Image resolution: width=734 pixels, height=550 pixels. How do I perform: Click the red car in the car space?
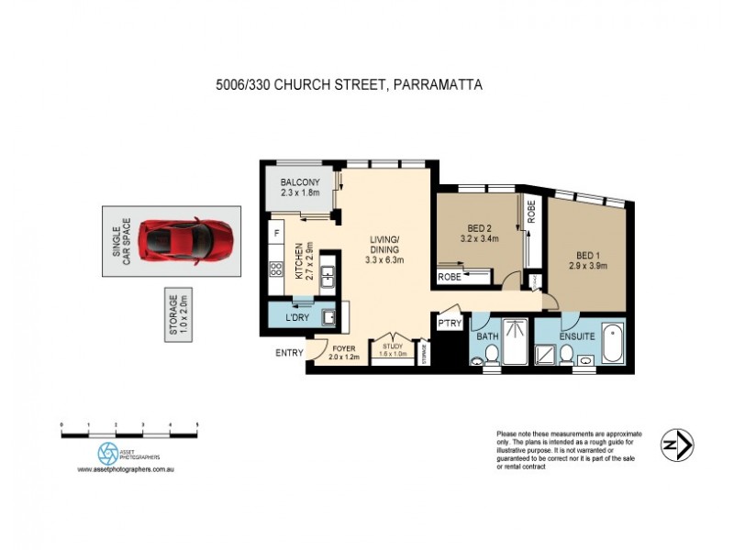189,241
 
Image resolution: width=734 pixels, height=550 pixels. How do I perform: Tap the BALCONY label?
300,181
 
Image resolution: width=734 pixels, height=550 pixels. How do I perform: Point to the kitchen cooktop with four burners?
274,269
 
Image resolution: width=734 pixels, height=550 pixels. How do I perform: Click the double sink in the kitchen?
327,283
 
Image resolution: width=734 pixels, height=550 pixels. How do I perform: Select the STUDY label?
392,346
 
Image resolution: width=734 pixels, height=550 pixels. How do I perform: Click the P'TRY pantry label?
449,324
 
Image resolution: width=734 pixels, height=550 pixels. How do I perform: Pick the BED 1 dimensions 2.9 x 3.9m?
588,267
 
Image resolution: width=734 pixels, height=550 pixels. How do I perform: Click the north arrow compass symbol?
677,445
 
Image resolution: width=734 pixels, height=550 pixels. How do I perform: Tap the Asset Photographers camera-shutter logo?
108,452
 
